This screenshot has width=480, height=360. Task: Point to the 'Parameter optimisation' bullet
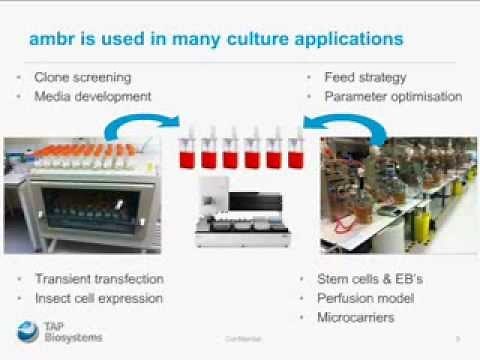tap(392, 96)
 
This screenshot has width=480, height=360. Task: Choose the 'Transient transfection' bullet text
tap(99, 279)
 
